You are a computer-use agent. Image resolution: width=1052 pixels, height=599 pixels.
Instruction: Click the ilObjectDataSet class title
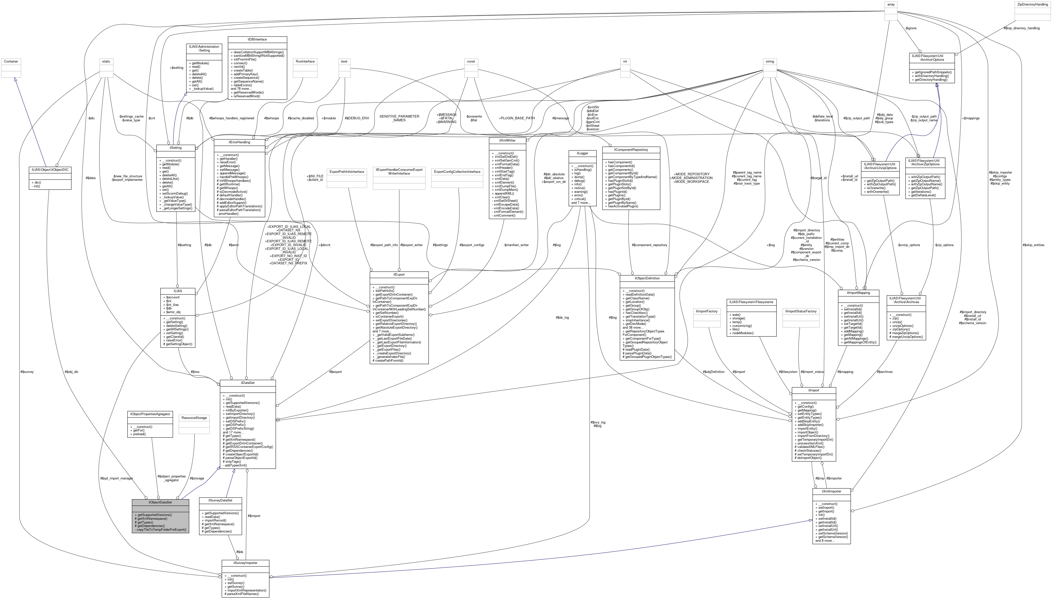[160, 502]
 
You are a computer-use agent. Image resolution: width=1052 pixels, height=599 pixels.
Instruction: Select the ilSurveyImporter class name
[245, 563]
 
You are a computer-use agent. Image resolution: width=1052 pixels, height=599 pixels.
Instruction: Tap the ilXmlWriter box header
[507, 140]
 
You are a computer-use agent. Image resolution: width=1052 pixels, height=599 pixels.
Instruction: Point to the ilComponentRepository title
[631, 150]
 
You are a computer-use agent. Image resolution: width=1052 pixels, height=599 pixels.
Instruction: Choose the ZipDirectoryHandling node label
[1032, 4]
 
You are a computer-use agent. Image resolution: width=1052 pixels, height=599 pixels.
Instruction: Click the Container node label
[11, 61]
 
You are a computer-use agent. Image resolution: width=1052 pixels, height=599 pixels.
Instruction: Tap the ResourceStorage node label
[194, 418]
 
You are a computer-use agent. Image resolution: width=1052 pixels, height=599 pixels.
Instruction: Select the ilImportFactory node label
[706, 311]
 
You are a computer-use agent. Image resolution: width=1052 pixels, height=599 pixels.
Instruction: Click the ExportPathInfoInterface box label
[347, 172]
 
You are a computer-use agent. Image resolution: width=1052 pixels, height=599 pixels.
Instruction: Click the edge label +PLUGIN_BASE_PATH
[517, 118]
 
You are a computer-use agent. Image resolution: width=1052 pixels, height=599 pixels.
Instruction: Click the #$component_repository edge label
[649, 245]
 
